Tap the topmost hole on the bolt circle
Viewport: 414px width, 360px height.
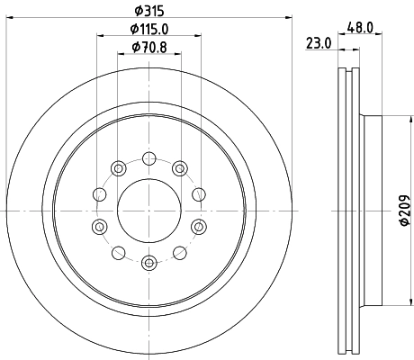[x=149, y=158]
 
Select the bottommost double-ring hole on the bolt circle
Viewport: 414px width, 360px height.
[x=149, y=262]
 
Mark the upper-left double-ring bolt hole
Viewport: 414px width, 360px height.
[x=119, y=167]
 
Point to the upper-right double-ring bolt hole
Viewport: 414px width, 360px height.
[x=180, y=167]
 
